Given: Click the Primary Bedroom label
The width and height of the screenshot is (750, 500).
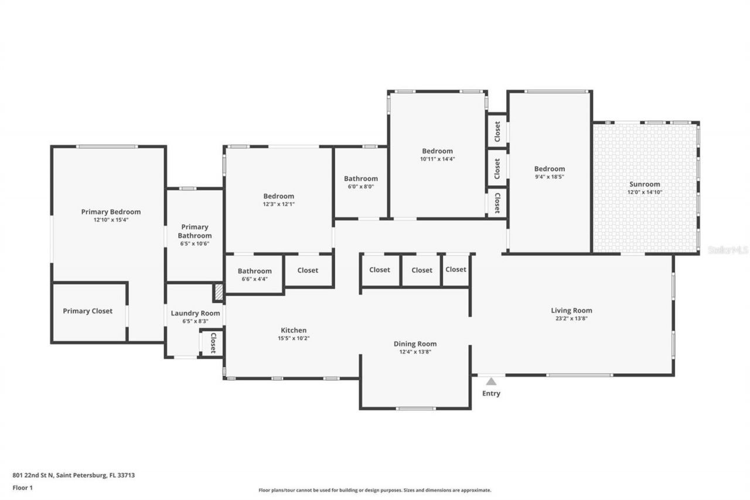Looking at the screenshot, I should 111,212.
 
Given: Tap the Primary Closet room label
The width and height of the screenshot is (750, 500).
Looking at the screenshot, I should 87,311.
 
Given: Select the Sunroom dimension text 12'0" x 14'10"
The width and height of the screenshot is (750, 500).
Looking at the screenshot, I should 645,192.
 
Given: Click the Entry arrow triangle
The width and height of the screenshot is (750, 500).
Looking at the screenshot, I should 491,382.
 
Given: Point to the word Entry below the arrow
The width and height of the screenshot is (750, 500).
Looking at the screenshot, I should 491,393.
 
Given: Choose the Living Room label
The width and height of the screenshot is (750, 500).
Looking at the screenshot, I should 571,310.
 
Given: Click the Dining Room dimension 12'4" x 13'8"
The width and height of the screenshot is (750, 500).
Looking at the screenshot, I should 415,352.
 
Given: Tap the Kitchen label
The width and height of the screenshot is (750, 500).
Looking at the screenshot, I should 294,330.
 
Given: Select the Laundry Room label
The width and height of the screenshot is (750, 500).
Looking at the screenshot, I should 195,313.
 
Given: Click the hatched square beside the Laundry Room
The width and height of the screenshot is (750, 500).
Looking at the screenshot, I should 218,292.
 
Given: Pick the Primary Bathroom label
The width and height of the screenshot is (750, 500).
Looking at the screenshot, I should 195,231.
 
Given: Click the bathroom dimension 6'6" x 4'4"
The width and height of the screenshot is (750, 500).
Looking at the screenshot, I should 254,279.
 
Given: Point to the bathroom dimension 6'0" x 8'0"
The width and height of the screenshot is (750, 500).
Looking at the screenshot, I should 360,186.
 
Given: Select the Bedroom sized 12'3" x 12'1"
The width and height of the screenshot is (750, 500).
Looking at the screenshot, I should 278,196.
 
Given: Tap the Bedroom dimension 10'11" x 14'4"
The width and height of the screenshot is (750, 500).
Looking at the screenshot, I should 437,159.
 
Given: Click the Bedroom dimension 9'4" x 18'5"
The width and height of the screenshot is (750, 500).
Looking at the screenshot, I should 549,176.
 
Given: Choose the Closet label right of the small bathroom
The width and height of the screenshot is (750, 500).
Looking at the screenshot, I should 308,270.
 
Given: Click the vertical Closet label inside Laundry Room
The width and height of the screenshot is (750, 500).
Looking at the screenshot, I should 213,342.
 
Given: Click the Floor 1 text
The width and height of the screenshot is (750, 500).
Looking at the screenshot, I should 22,487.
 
